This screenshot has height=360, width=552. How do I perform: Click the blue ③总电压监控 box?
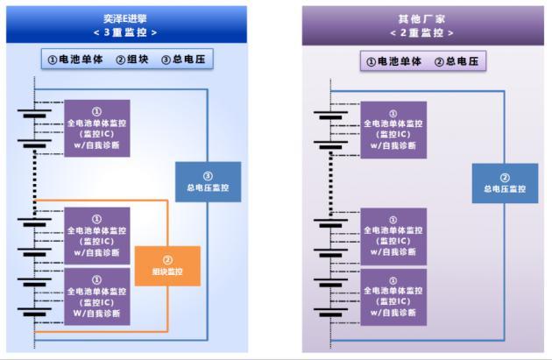pos(208,181)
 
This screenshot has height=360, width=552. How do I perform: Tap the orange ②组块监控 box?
pos(167,265)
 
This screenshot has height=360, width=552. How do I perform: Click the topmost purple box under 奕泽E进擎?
pos(96,129)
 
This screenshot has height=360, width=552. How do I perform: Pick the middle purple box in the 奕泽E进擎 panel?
pos(96,236)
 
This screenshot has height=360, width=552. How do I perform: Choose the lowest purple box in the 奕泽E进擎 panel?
pos(96,296)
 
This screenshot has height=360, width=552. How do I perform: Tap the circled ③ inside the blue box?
pos(208,175)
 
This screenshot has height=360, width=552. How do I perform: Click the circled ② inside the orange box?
pos(167,259)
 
